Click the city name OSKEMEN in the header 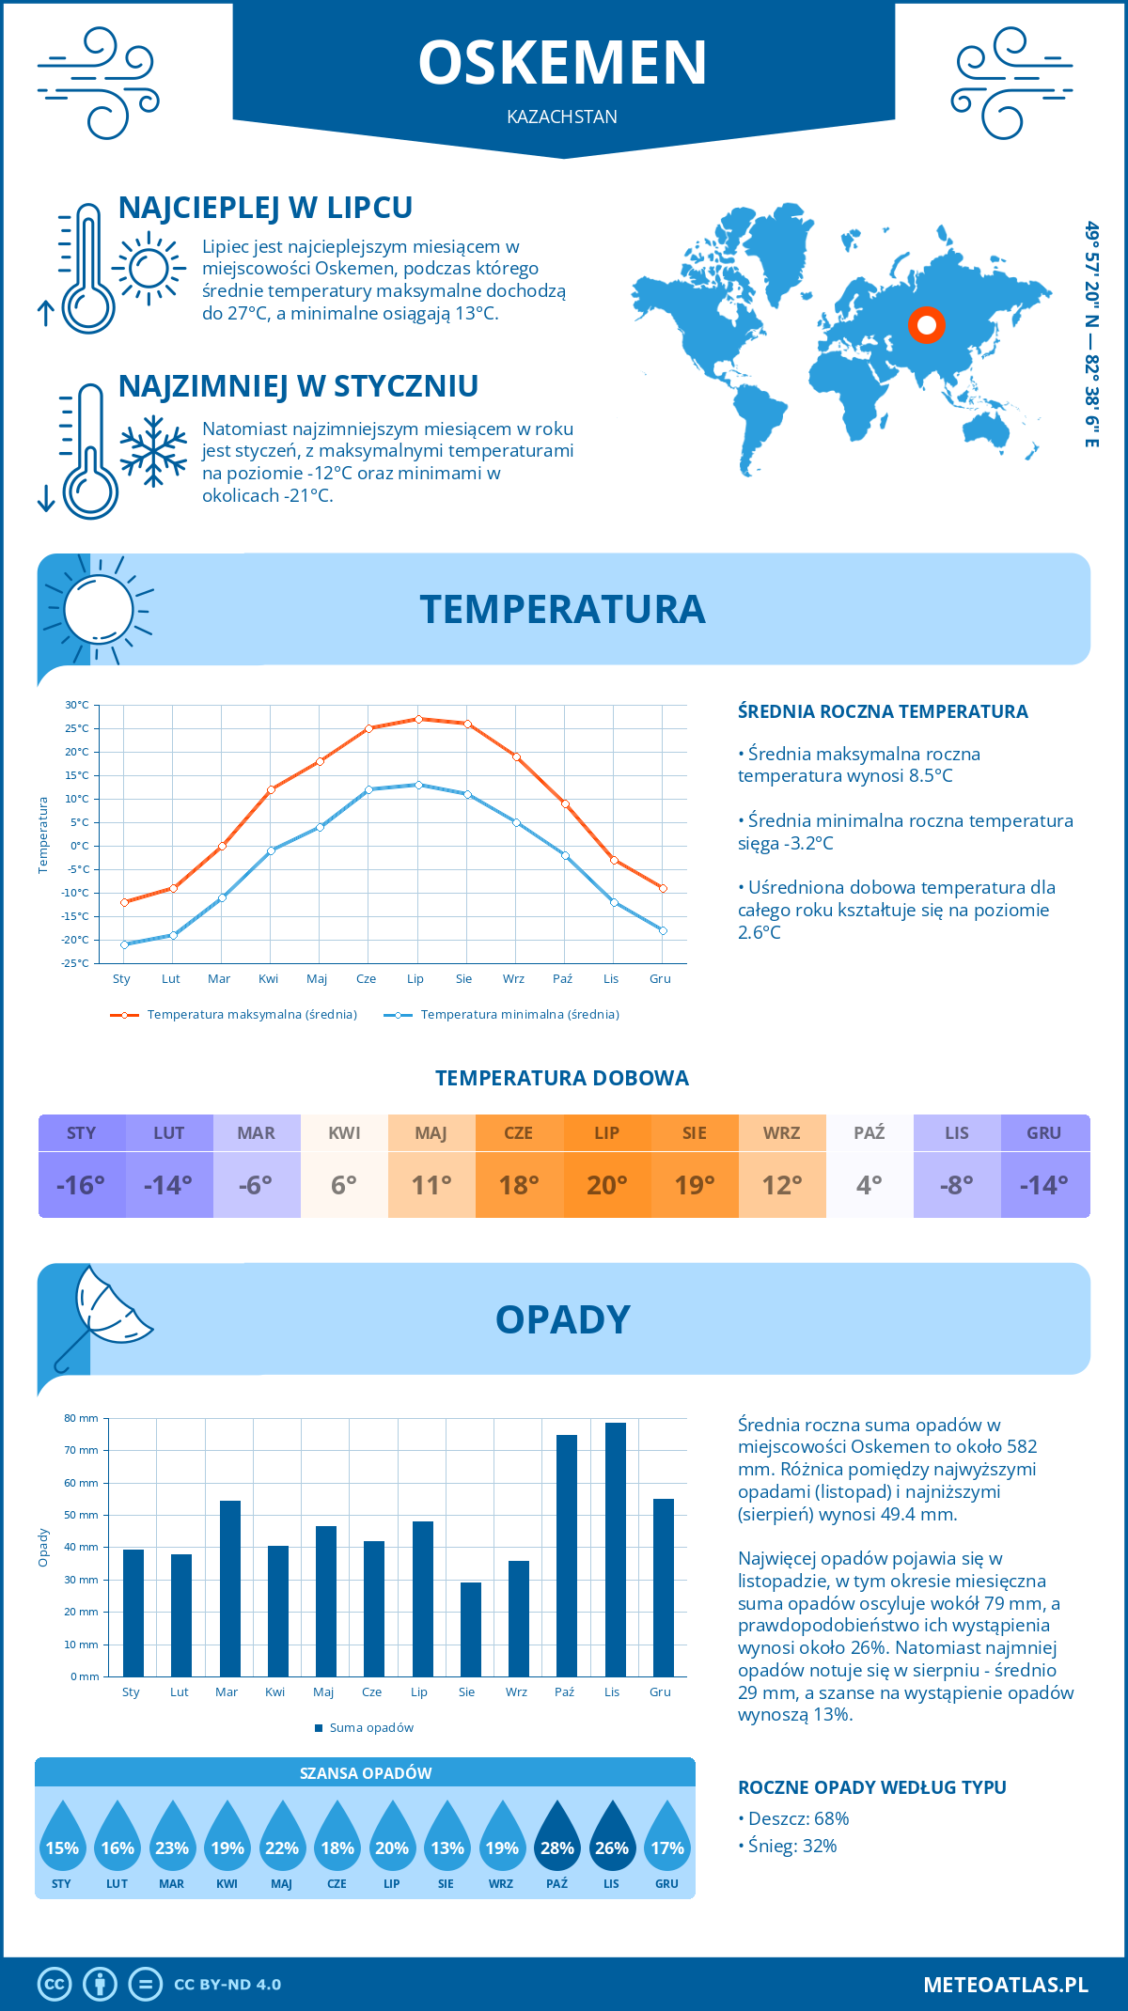pos(562,63)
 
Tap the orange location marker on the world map pos(927,325)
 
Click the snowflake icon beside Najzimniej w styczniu pos(153,451)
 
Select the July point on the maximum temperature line pos(418,719)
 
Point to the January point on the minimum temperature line pos(124,944)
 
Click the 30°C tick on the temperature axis pos(77,705)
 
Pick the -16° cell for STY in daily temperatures pos(82,1185)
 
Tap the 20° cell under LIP pos(606,1185)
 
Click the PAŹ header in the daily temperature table pos(869,1133)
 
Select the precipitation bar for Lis pos(615,1550)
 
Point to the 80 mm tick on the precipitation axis pos(82,1418)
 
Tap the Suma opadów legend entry pos(370,1728)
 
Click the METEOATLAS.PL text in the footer pos(1005,1985)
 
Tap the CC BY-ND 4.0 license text pos(227,1985)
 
